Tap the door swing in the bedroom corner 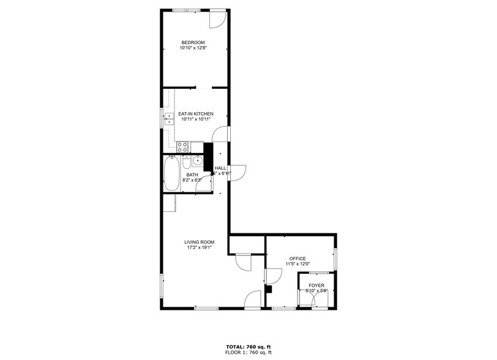pyautogui.click(x=217, y=19)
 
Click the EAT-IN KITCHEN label pyautogui.click(x=196, y=114)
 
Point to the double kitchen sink pyautogui.click(x=169, y=118)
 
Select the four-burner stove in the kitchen pyautogui.click(x=182, y=147)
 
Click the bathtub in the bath pyautogui.click(x=172, y=173)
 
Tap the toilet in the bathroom pyautogui.click(x=187, y=163)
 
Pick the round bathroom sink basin pyautogui.click(x=197, y=162)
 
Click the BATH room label pyautogui.click(x=192, y=175)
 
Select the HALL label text pyautogui.click(x=220, y=168)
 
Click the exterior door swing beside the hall pyautogui.click(x=238, y=172)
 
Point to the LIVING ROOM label pyautogui.click(x=200, y=242)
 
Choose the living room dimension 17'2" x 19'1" pyautogui.click(x=200, y=248)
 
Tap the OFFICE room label pyautogui.click(x=297, y=258)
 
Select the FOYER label pyautogui.click(x=316, y=285)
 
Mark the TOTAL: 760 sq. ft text pyautogui.click(x=248, y=347)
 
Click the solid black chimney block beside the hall pyautogui.click(x=207, y=157)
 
